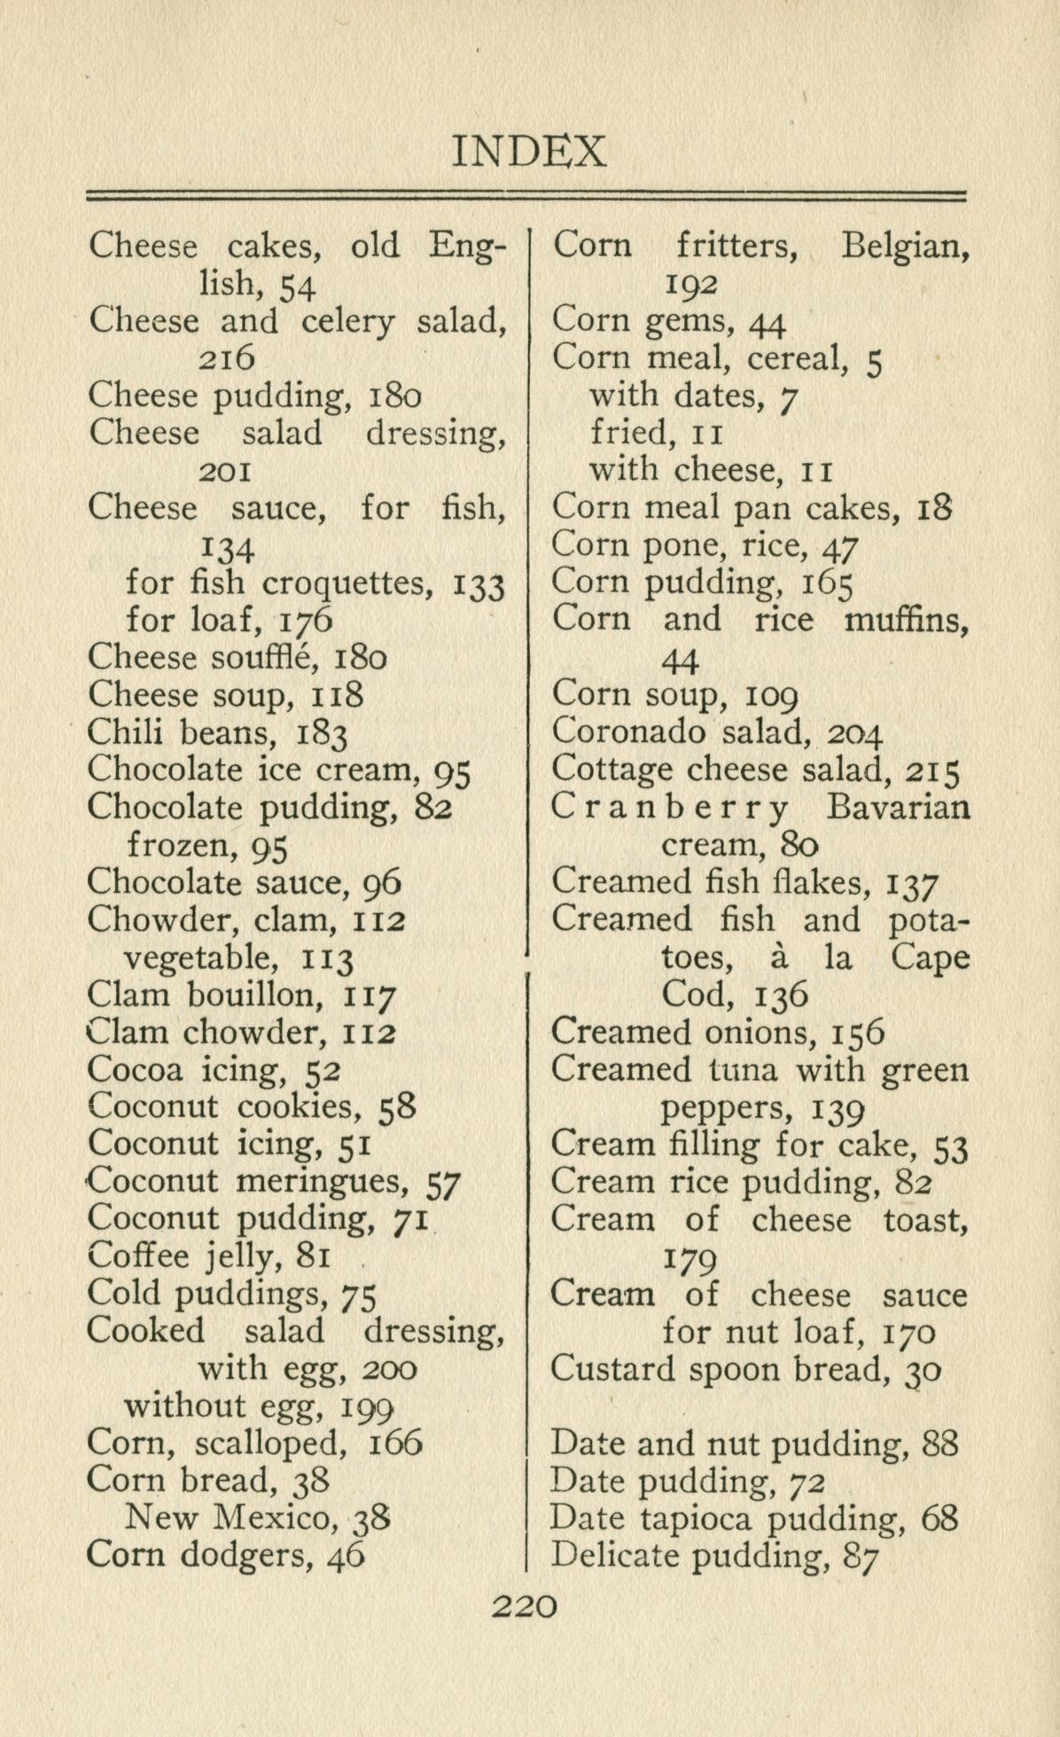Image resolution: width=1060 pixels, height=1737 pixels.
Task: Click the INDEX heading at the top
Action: coord(530,152)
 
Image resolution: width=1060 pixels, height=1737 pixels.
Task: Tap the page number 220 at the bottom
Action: coord(526,1606)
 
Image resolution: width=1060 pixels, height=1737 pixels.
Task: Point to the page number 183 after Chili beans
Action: coord(322,734)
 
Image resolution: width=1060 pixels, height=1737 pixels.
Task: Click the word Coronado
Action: coord(628,732)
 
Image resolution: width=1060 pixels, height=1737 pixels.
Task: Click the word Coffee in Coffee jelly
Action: coord(138,1256)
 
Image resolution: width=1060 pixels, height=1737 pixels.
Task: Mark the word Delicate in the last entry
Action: coord(612,1555)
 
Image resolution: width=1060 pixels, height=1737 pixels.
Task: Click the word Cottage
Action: coord(612,770)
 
